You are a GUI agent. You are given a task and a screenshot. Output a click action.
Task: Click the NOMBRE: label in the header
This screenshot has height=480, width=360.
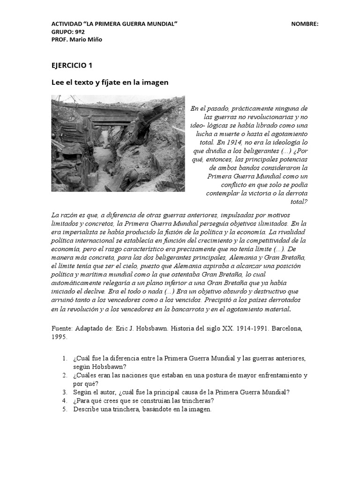pyautogui.click(x=305, y=24)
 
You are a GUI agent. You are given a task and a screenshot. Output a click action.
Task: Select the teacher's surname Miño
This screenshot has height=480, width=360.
pyautogui.click(x=94, y=39)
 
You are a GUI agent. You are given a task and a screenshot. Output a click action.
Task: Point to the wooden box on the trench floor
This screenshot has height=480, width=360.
pyautogui.click(x=92, y=178)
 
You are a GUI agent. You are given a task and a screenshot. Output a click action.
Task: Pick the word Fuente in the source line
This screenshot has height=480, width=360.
pyautogui.click(x=62, y=329)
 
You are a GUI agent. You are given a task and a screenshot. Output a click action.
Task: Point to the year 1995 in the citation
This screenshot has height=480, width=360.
pyautogui.click(x=60, y=337)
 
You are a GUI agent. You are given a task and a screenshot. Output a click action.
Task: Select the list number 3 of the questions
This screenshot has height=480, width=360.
pyautogui.click(x=64, y=392)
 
